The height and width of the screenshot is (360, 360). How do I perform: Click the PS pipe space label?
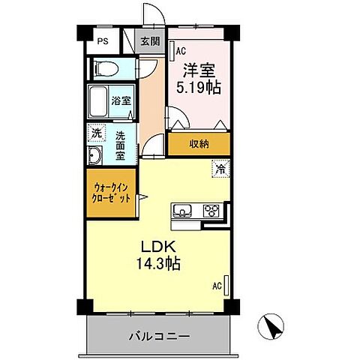click(103, 42)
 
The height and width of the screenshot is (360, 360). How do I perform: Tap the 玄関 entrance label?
click(149, 42)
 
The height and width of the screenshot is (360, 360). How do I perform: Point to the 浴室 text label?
click(122, 99)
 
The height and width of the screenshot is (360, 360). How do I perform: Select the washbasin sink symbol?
click(96, 157)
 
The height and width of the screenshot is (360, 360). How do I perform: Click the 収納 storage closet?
click(198, 143)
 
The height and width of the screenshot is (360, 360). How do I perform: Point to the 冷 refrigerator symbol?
click(220, 169)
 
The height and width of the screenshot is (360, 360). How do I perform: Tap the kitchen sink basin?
click(184, 209)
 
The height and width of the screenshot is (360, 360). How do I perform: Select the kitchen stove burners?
click(210, 210)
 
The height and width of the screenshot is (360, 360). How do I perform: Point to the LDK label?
click(154, 247)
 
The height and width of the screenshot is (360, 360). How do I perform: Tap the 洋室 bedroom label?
click(199, 68)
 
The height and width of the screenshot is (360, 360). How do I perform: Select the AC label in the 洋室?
click(180, 50)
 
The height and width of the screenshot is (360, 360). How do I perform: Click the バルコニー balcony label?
click(157, 335)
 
